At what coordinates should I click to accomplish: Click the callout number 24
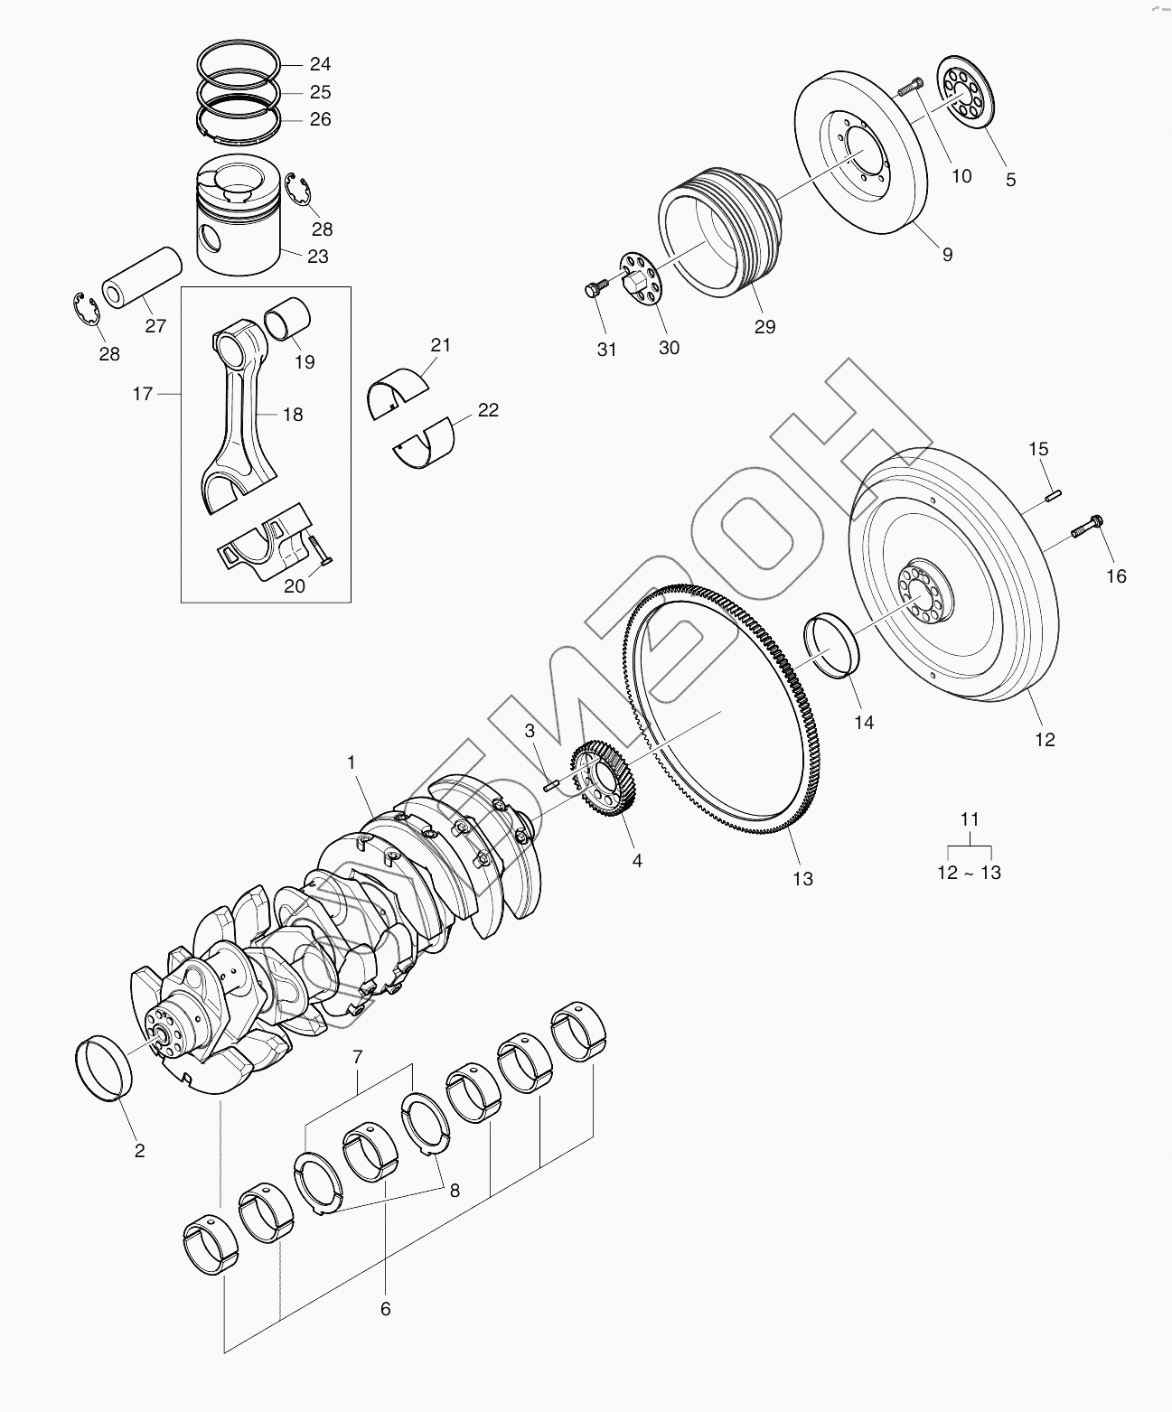click(320, 64)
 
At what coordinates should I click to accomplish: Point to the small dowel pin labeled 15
click(1054, 494)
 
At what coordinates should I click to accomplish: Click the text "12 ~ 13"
click(969, 873)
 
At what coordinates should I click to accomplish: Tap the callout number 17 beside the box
click(143, 394)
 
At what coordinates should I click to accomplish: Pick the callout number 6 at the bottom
click(385, 1308)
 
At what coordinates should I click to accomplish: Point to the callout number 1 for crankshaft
click(351, 762)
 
